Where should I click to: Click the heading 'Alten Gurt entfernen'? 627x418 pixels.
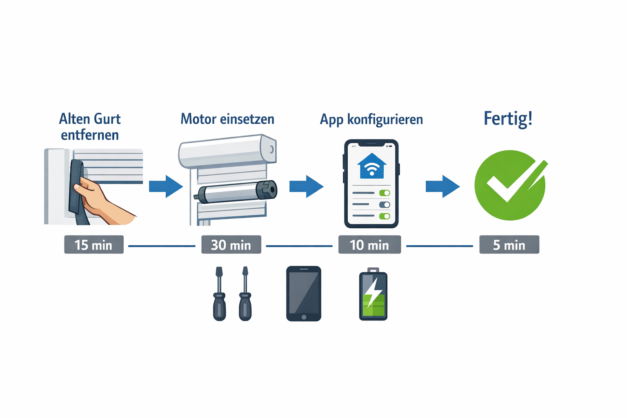[90, 127]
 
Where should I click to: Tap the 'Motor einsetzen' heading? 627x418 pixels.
[227, 119]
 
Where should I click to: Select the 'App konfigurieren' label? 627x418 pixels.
[371, 120]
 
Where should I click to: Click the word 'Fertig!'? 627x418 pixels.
[508, 119]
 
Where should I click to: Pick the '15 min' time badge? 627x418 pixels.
[93, 245]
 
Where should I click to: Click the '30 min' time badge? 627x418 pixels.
[231, 245]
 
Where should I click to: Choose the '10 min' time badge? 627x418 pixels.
[369, 245]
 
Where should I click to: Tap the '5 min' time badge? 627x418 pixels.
[509, 245]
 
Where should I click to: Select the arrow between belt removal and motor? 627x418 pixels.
[166, 186]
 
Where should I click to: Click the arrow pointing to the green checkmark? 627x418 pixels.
[442, 186]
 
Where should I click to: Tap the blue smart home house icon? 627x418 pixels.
[371, 166]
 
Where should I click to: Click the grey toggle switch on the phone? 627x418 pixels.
[385, 205]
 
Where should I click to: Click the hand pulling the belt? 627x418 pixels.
[98, 198]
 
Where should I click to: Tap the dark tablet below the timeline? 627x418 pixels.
[304, 293]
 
